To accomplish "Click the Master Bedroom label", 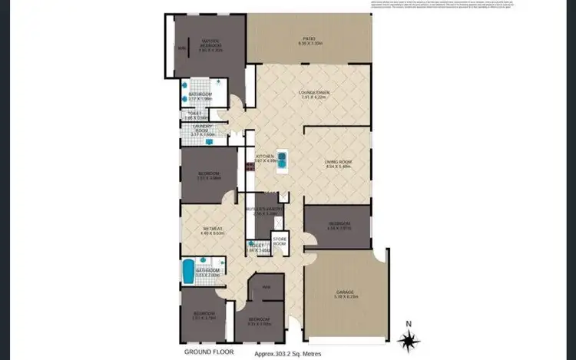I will coord(211,42).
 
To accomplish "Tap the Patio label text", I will coord(310,41).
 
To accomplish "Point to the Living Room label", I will coord(338,163).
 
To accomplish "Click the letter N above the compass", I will coord(409,323).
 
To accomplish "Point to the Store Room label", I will coord(279,242).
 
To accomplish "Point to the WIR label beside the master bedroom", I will coord(182,49).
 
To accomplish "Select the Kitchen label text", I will coord(264,157).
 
